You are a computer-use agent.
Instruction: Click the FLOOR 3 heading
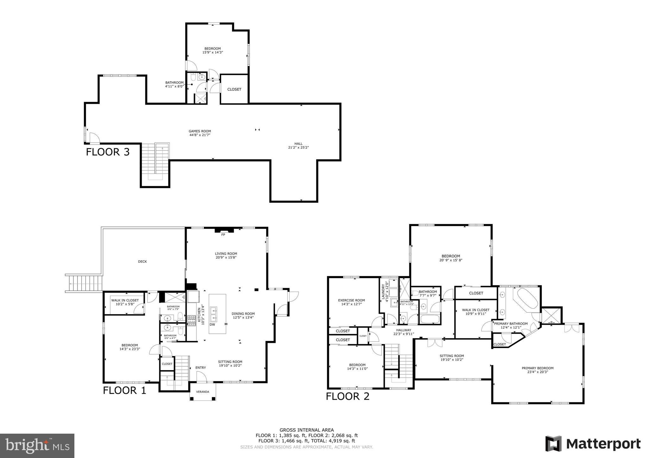click(x=108, y=152)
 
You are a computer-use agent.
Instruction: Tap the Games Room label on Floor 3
click(x=200, y=133)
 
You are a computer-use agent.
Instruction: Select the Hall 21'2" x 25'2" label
click(x=298, y=145)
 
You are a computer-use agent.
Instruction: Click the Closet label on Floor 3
click(x=234, y=90)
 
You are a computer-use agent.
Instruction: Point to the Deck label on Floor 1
click(x=142, y=262)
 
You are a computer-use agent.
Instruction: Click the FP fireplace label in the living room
click(x=223, y=235)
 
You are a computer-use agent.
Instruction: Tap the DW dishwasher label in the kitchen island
click(x=212, y=325)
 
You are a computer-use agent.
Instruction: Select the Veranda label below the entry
click(x=203, y=392)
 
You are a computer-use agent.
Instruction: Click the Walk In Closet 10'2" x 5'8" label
click(x=125, y=302)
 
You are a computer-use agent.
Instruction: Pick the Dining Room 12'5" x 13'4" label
click(x=243, y=316)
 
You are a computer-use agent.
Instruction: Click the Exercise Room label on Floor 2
click(x=351, y=302)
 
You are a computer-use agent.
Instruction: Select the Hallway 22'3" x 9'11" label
click(x=404, y=332)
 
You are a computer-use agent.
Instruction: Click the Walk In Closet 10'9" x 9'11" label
click(x=476, y=312)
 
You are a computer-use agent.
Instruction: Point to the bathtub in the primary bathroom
click(x=527, y=298)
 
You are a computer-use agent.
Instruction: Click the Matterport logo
click(x=593, y=444)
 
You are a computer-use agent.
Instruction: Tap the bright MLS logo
click(x=37, y=445)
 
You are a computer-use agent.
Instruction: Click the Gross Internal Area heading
click(x=306, y=430)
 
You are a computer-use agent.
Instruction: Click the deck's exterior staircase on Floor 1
click(x=84, y=283)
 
